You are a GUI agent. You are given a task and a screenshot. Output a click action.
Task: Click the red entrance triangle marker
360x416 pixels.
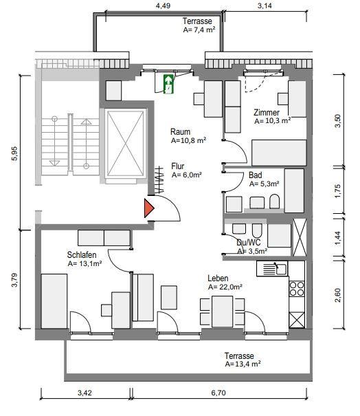pos(148,208)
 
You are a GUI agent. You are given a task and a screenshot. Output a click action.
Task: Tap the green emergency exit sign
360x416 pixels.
pos(168,84)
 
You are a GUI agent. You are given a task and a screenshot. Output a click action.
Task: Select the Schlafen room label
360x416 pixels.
pos(82,255)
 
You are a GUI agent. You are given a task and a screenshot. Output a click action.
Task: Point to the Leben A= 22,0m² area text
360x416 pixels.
pos(225,287)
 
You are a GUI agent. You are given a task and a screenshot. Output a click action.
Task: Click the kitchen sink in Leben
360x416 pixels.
pos(272,269)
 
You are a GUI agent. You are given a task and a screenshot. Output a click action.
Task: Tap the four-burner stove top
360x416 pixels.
pos(297,289)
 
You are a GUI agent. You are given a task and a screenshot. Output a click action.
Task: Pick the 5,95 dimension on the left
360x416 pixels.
pos(14,153)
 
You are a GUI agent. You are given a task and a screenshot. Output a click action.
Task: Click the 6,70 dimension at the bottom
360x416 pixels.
pos(218,393)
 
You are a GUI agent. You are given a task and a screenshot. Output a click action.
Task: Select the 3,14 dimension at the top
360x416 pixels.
pos(265,6)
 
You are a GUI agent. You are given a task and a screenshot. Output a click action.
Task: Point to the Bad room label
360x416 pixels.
pos(256,175)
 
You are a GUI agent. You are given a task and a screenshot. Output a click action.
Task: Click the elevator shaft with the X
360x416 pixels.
pos(126,143)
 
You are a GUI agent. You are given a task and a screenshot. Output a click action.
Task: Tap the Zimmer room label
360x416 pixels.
pos(267,113)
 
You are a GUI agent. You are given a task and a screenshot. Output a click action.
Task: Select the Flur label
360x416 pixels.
pos(178,166)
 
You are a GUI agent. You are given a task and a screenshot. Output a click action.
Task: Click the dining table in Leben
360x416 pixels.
pos(222,311)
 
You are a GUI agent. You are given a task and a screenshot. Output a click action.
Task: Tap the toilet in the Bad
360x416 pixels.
pos(274,201)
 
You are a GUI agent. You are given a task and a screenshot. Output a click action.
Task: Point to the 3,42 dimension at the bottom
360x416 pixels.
pos(85,393)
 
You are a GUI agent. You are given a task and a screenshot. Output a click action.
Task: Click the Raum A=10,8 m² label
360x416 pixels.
pos(188,136)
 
